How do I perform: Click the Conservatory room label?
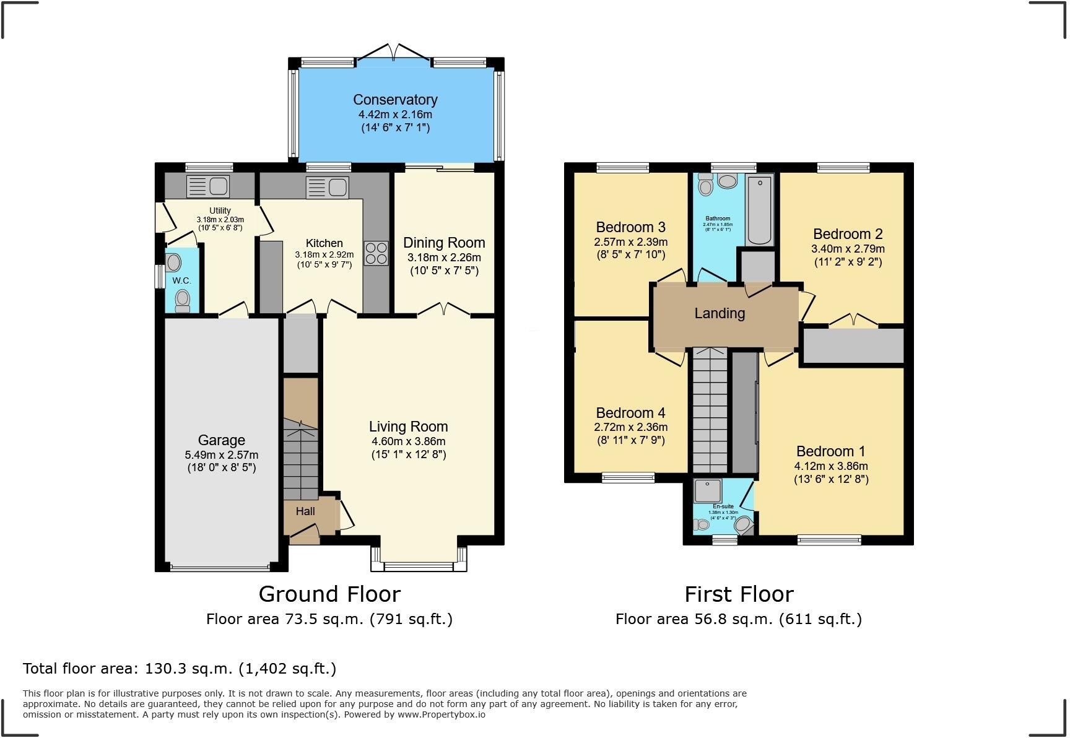click(395, 100)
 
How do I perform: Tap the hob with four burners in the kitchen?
click(376, 253)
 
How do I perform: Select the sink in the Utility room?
click(218, 185)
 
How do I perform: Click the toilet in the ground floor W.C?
click(182, 300)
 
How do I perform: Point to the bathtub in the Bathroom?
click(760, 210)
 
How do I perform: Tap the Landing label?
click(719, 313)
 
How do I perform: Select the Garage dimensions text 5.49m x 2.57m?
click(222, 454)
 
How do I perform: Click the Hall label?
click(305, 511)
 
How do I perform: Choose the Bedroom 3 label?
click(630, 227)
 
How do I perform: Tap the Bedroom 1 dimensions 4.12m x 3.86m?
click(831, 466)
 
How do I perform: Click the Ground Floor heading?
click(329, 594)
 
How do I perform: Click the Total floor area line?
click(180, 669)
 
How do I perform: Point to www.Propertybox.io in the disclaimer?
click(441, 714)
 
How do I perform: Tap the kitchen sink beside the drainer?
click(339, 186)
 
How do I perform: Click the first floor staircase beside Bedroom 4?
click(710, 412)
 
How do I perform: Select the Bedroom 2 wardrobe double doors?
click(854, 320)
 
